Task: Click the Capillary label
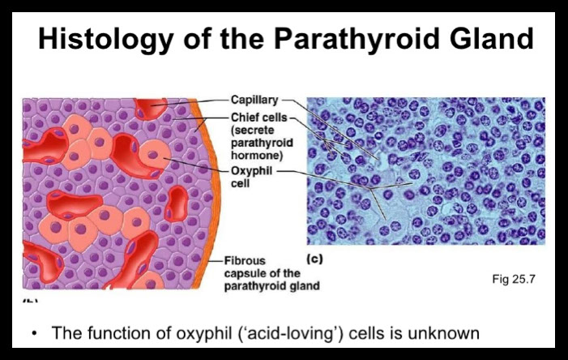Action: pos(254,100)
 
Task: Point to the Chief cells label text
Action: pos(258,118)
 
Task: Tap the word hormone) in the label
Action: pos(257,156)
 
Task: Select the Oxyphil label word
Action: pos(251,171)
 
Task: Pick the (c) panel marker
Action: pos(314,259)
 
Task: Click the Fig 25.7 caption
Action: pos(513,279)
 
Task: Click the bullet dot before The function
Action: pos(34,334)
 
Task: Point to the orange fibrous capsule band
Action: pos(209,192)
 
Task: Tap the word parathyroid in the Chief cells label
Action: pos(262,144)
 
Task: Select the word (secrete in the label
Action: pos(253,131)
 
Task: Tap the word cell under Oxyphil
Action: pos(240,183)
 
